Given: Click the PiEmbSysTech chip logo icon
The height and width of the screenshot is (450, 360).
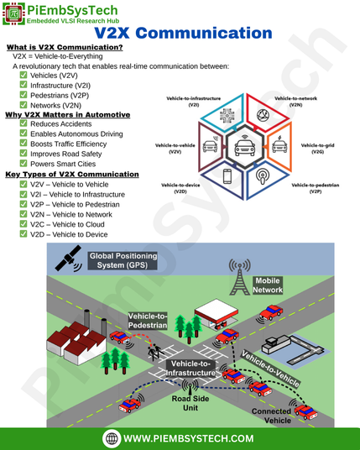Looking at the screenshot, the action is [13, 13].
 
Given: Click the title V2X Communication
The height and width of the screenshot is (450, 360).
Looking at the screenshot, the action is [183, 33].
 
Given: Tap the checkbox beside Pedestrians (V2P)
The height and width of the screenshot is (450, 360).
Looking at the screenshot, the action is [23, 95].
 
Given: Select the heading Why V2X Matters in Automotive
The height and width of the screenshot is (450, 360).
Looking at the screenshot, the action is [68, 115].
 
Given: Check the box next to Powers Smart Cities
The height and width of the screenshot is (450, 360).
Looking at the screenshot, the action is [23, 164].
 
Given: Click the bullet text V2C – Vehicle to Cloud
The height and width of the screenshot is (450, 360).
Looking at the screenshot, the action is [67, 224].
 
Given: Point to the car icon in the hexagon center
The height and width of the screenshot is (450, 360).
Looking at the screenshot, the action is [245, 146].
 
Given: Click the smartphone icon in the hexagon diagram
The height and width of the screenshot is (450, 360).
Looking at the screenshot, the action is [227, 176].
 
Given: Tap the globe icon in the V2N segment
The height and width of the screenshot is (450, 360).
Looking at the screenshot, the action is [263, 115].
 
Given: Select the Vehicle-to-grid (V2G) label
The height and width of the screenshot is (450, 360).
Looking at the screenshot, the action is [317, 149].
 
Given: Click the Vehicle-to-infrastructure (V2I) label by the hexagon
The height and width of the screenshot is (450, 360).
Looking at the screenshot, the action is [194, 102].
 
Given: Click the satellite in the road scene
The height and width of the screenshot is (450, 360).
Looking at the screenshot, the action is [68, 259].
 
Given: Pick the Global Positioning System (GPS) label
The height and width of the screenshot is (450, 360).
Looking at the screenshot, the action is [123, 260].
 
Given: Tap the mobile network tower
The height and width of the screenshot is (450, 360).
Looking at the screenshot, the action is [239, 277].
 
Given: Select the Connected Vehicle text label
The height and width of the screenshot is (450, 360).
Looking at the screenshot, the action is [272, 416].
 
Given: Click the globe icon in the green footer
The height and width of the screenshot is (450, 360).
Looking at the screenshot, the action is [112, 438].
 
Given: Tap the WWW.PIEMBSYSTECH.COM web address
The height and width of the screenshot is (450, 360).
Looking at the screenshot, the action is [189, 438].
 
